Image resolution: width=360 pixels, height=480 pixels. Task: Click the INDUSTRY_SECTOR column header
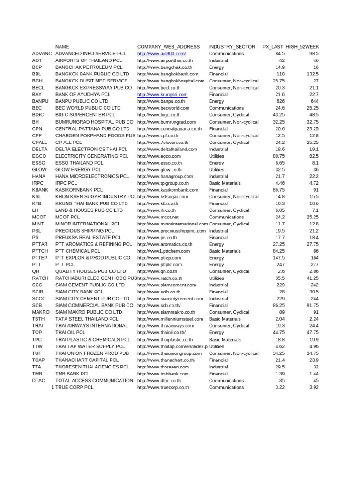click(232, 47)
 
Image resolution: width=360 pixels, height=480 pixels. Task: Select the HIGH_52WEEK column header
click(302, 47)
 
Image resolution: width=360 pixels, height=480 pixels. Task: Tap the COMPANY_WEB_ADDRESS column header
click(168, 47)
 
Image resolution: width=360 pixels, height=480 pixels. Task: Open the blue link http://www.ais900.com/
click(161, 54)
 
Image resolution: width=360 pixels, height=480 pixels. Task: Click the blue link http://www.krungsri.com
click(162, 95)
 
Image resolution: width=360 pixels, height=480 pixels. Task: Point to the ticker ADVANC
click(42, 54)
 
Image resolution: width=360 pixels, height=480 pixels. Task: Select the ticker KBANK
click(40, 190)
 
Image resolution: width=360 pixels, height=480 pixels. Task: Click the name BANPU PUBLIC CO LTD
click(82, 101)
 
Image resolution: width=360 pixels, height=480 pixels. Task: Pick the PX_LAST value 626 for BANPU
click(280, 101)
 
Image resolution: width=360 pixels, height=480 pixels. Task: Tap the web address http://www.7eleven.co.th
click(163, 142)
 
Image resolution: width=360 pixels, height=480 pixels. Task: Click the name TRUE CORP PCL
click(74, 387)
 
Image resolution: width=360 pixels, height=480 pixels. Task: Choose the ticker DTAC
click(38, 380)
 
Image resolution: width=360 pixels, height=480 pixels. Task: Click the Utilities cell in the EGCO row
click(217, 156)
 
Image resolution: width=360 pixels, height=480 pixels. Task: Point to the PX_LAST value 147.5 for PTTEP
click(278, 258)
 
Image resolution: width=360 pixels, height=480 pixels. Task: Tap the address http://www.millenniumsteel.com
click(170, 319)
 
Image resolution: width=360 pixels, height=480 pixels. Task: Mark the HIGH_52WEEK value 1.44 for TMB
click(314, 374)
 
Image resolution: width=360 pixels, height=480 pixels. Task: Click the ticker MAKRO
click(41, 312)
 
